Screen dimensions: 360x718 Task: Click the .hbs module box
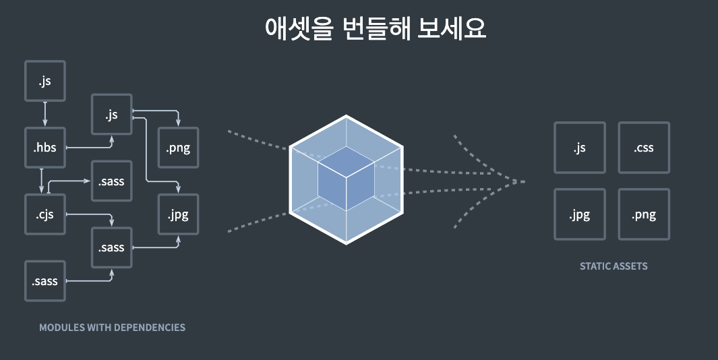point(45,148)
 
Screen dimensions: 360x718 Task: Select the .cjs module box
point(45,215)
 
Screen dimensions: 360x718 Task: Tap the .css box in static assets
point(644,148)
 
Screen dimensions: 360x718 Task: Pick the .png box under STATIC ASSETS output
point(644,215)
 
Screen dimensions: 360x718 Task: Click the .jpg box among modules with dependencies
point(178,215)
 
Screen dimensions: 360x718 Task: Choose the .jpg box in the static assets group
point(579,215)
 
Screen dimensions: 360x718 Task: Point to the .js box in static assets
point(579,148)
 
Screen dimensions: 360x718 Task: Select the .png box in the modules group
point(178,148)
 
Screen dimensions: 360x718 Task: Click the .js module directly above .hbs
point(45,81)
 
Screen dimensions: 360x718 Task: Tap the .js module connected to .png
point(112,115)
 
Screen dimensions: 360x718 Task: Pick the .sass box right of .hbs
point(112,181)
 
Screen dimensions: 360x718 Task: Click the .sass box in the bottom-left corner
point(45,280)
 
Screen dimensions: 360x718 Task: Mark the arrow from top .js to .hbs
point(45,114)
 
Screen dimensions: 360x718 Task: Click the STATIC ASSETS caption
point(614,266)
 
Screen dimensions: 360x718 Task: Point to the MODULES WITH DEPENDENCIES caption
point(112,328)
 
